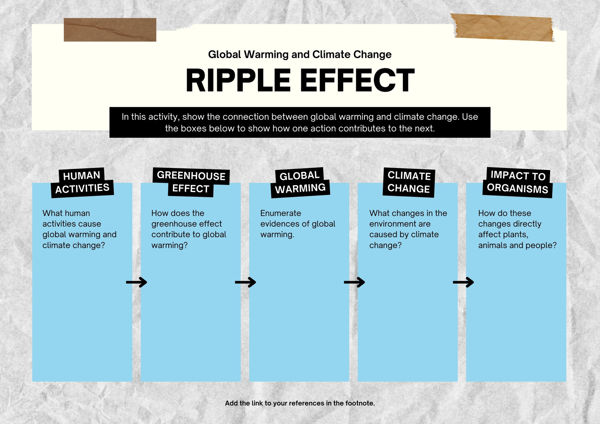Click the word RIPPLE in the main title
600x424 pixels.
point(238,80)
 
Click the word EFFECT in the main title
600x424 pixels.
point(357,80)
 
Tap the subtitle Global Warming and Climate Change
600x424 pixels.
point(300,54)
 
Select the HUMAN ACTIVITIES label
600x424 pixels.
point(82,183)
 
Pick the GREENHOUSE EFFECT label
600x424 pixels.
point(191,182)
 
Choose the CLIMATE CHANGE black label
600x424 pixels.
point(409,183)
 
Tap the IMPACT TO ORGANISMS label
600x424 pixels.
point(517,183)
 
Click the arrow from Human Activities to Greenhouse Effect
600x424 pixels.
point(136,282)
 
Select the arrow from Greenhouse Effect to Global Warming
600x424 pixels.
point(245,282)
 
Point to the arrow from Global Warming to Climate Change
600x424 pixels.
point(354,282)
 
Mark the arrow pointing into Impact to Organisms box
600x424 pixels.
point(463,282)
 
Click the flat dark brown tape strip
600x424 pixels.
point(110,30)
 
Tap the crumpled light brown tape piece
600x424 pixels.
point(503,28)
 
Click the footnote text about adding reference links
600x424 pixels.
point(300,403)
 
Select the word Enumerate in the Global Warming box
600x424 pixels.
point(281,213)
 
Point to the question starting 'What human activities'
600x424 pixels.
point(79,229)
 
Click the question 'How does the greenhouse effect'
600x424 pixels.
point(189,229)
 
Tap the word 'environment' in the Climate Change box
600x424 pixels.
point(400,224)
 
